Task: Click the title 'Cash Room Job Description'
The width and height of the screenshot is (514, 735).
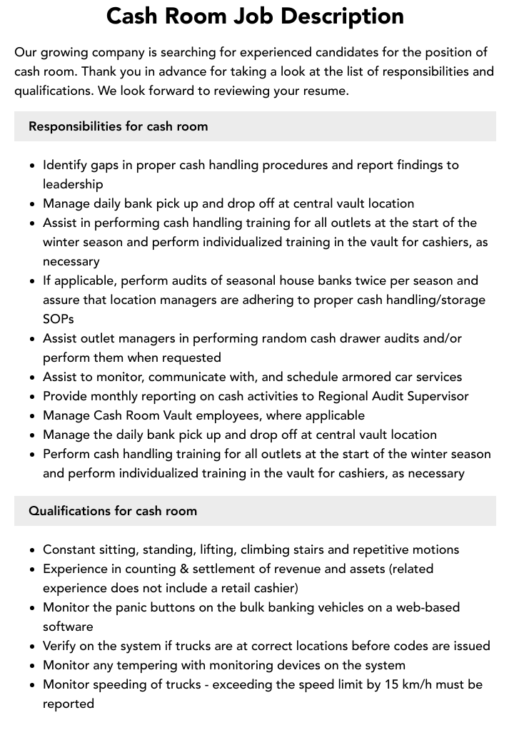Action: [255, 16]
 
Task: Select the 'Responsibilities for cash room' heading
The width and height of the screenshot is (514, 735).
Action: [119, 126]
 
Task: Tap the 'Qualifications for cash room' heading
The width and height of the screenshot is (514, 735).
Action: [113, 511]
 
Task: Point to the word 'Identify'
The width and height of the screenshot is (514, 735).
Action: [65, 165]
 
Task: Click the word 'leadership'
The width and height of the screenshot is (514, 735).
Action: [73, 184]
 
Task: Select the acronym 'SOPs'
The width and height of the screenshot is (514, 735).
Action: [59, 319]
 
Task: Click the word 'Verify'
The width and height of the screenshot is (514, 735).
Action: [60, 646]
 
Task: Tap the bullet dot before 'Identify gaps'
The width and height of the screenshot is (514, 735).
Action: [32, 166]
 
